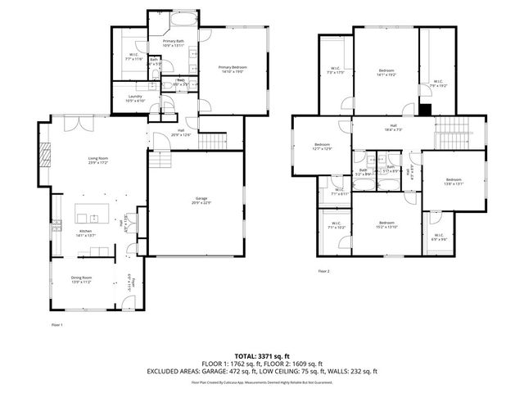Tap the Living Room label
point(99,161)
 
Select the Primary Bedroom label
point(231,70)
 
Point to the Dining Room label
point(81,279)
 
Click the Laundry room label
point(135,98)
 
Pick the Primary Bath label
point(173,43)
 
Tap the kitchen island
point(93,217)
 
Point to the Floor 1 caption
point(56,325)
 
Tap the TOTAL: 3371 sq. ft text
point(262,356)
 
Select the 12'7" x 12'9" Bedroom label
point(322,147)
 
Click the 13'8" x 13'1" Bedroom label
point(454,182)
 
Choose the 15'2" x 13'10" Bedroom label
point(386,224)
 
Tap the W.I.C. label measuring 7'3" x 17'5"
point(336,70)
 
